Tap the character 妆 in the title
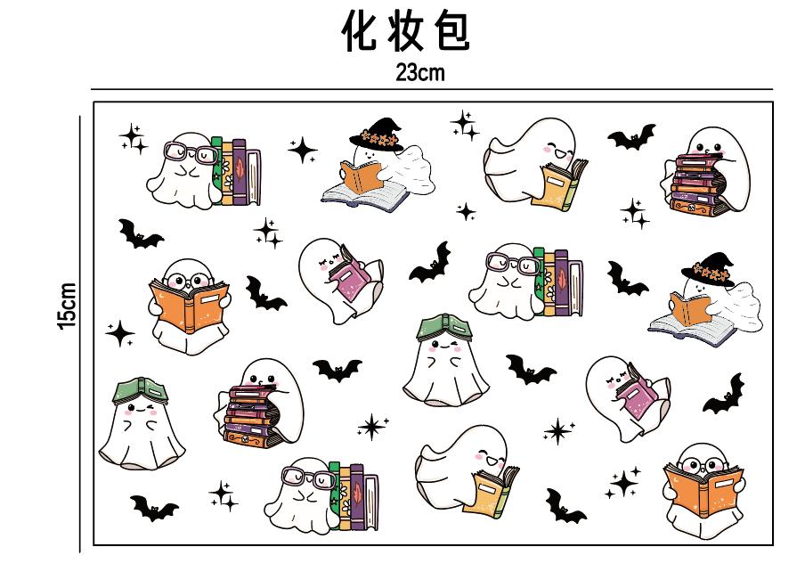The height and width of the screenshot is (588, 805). (x=405, y=31)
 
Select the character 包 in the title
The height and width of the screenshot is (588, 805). (x=451, y=31)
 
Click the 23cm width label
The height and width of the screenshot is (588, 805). (x=419, y=72)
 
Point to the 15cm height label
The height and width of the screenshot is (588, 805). (x=68, y=306)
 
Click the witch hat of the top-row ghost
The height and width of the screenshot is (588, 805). (x=377, y=135)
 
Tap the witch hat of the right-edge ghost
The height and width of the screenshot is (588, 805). (x=708, y=270)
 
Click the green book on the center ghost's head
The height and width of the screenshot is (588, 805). (x=444, y=328)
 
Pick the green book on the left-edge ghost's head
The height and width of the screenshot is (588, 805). (x=141, y=391)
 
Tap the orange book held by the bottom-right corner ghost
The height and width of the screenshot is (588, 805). (x=703, y=489)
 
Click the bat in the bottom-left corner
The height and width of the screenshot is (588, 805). (x=154, y=508)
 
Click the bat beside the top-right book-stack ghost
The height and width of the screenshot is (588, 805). (x=632, y=136)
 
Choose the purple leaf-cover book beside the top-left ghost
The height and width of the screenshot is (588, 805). (x=240, y=172)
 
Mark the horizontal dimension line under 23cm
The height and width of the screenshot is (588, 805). (x=432, y=89)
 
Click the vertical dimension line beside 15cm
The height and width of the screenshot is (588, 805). (x=80, y=334)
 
